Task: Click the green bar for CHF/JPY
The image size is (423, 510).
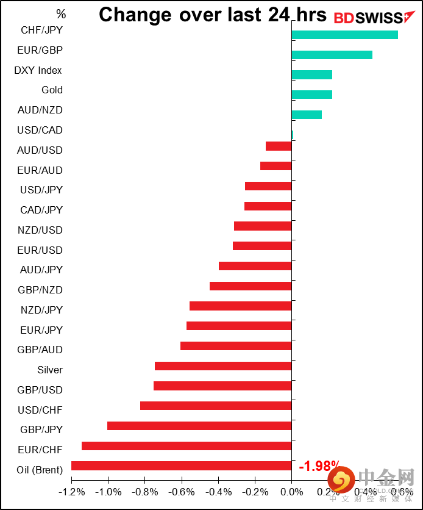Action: coord(345,35)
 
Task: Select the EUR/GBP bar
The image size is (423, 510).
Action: coord(332,55)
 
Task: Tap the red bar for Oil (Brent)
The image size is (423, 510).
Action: coord(182,466)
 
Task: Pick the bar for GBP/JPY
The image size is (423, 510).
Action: coord(199,426)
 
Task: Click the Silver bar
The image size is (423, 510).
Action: coord(223,366)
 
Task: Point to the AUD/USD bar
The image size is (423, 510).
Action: coord(279,146)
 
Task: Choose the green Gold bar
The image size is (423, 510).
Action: coord(312,95)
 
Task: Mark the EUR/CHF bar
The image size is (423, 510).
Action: coord(187,446)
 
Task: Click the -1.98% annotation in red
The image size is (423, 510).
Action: coord(319,467)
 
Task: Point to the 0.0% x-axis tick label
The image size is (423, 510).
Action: coord(292,492)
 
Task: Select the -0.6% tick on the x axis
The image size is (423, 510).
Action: coord(182,492)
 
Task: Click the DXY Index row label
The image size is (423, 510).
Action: coord(38,70)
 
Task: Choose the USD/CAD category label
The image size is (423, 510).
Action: coord(40,130)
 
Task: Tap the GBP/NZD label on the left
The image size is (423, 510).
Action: coord(40,290)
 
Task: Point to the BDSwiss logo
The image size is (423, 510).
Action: coord(369,18)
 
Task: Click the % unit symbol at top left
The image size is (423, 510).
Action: coord(61,13)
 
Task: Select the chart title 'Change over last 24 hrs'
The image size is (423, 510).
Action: coord(213,15)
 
